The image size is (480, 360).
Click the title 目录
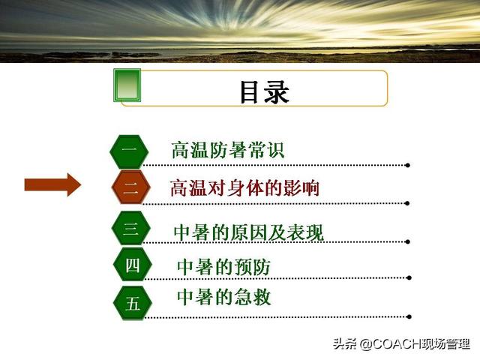[x=265, y=91]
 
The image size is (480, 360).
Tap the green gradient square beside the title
[x=127, y=85]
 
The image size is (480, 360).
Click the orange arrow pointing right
[x=52, y=185]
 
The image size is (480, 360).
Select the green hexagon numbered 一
[x=130, y=151]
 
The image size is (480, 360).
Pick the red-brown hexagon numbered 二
[x=130, y=187]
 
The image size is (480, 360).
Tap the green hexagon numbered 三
[x=131, y=228]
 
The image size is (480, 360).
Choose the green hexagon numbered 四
[x=133, y=265]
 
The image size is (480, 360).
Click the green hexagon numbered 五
[x=133, y=303]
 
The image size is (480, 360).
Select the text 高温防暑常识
[x=228, y=150]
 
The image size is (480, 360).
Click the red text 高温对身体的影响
[x=244, y=187]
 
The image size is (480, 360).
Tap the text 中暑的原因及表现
[x=248, y=232]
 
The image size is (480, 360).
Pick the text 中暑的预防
[x=223, y=267]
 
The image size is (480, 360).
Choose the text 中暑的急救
[x=224, y=297]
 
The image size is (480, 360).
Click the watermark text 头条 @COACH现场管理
[x=402, y=343]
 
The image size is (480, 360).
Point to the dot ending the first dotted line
[x=407, y=165]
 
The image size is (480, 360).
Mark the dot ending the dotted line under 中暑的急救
[x=408, y=316]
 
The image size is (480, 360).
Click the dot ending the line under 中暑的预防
[x=409, y=278]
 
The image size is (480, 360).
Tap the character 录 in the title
[x=277, y=92]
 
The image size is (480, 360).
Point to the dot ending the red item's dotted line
[x=407, y=203]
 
